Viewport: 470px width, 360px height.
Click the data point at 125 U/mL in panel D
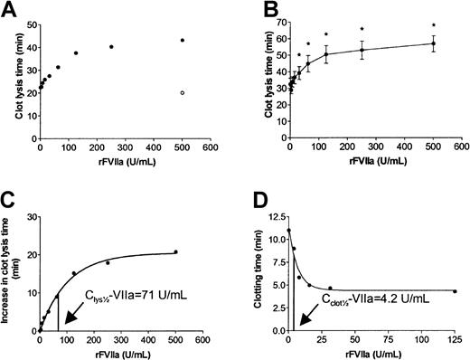(454, 291)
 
